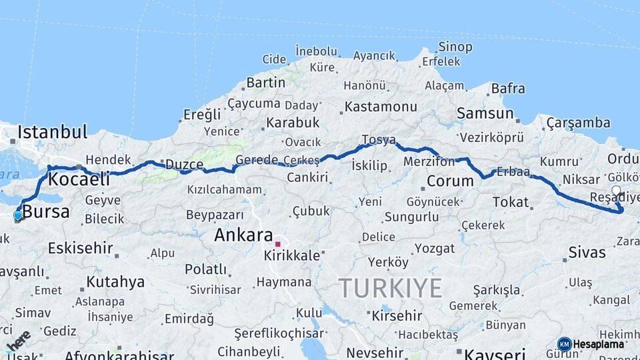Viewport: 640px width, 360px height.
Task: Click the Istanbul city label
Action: [x=52, y=131]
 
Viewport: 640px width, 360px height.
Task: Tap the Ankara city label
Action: [x=243, y=235]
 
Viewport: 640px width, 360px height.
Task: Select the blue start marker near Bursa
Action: [x=17, y=215]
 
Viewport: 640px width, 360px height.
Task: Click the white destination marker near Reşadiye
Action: [x=616, y=191]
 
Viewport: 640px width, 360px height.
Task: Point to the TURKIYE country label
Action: [x=391, y=289]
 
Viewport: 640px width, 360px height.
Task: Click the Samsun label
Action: [x=485, y=114]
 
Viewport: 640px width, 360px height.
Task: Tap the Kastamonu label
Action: [x=381, y=107]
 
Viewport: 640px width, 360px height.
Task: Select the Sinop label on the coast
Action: [x=455, y=47]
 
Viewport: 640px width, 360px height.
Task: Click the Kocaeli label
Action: [x=79, y=179]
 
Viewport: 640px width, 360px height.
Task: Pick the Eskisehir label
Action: [x=80, y=248]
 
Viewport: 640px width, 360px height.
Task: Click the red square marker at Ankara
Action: [x=277, y=244]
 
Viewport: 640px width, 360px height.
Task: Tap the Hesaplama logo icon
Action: [x=565, y=344]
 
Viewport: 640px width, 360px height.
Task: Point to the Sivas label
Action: [x=587, y=252]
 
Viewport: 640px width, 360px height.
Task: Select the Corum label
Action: [x=449, y=181]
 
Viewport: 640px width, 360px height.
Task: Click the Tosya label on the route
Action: [x=378, y=140]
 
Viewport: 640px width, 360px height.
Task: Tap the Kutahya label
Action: [x=115, y=282]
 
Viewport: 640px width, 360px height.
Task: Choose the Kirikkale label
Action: [x=291, y=255]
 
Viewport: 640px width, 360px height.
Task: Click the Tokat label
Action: [x=510, y=202]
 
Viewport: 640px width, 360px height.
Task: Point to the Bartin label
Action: [x=266, y=83]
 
